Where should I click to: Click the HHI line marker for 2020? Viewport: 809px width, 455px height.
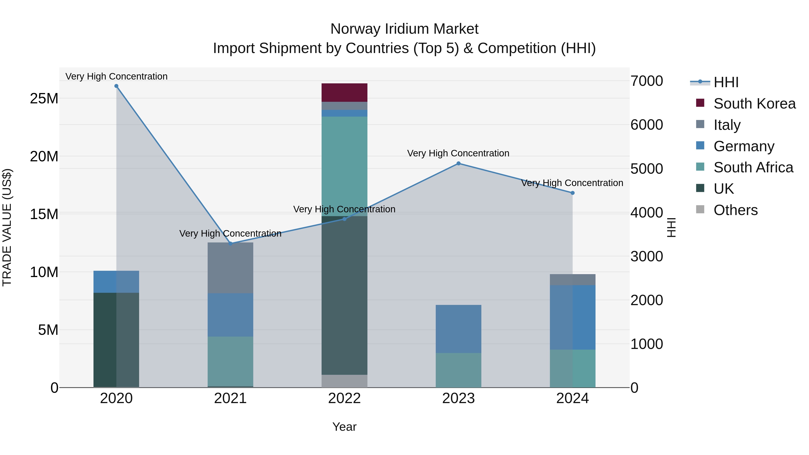(116, 86)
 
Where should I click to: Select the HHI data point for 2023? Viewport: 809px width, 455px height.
(458, 163)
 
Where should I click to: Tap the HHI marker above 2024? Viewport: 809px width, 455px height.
(572, 193)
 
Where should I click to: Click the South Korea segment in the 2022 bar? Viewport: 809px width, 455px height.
(344, 93)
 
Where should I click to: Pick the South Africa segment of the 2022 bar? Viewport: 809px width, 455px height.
(344, 166)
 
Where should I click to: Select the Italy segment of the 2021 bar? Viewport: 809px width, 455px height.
(230, 268)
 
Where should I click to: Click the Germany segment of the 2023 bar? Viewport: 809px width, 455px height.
(458, 328)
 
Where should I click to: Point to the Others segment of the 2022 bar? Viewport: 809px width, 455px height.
(344, 381)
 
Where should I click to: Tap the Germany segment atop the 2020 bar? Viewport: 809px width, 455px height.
(116, 282)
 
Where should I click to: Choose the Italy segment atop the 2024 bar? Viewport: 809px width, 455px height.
(572, 280)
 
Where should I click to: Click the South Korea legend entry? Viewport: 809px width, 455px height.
(754, 104)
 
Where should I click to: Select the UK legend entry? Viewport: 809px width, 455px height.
(723, 189)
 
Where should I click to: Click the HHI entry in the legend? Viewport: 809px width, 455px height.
(725, 82)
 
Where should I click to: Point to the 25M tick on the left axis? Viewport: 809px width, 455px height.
(44, 99)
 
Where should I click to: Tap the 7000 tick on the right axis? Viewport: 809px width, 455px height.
(647, 81)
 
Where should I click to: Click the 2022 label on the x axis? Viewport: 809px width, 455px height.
(344, 398)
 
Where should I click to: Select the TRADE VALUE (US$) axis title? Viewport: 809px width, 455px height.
(7, 227)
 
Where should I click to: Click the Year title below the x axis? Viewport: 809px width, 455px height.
(344, 427)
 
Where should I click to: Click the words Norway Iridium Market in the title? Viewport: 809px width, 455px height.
(404, 29)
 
